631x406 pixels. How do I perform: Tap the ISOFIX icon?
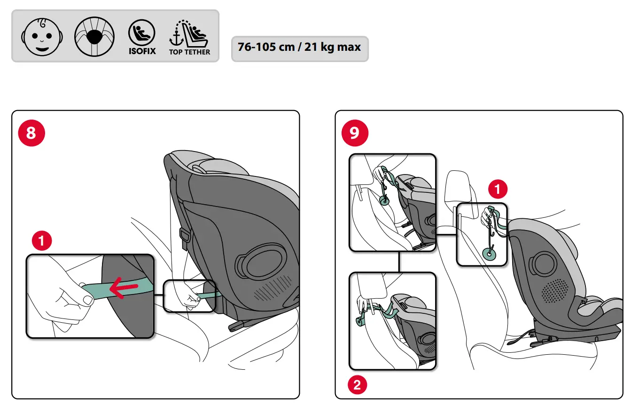pyautogui.click(x=142, y=37)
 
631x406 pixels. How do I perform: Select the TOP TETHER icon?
pyautogui.click(x=190, y=37)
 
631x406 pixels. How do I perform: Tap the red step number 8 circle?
pyautogui.click(x=31, y=133)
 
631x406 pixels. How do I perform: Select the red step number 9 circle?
pyautogui.click(x=354, y=133)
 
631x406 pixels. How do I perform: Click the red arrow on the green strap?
pyautogui.click(x=124, y=288)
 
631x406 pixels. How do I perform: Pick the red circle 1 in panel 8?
pyautogui.click(x=41, y=241)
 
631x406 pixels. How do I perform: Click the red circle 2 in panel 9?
pyautogui.click(x=357, y=386)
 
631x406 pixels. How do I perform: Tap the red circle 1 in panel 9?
pyautogui.click(x=498, y=190)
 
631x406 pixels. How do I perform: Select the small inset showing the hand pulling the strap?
pyautogui.click(x=189, y=296)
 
